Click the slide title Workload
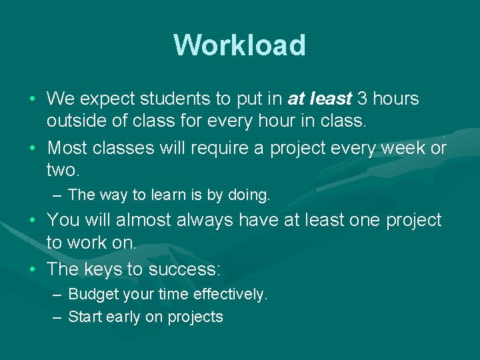tap(239, 45)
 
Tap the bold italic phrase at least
tap(319, 99)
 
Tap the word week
tap(403, 147)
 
